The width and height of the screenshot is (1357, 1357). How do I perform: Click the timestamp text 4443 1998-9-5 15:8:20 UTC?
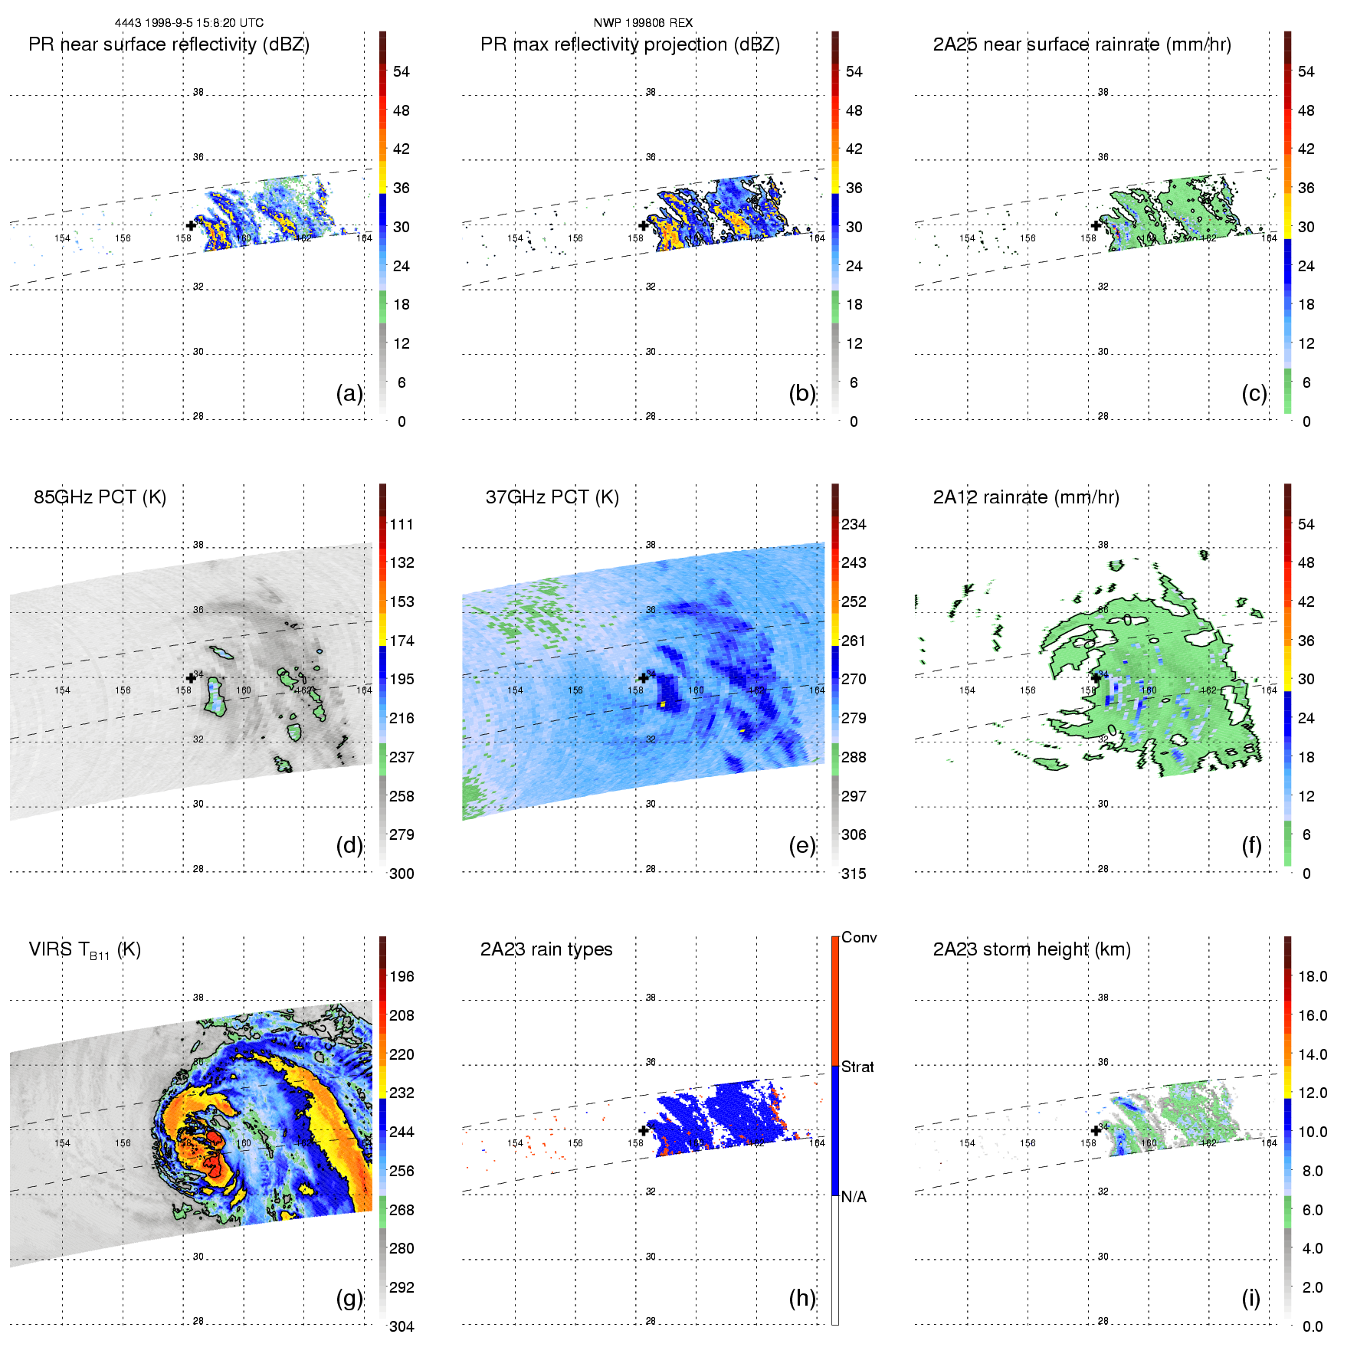point(188,23)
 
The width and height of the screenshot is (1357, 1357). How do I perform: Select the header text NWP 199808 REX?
point(643,23)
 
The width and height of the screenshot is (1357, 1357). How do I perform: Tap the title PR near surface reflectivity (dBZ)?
point(169,44)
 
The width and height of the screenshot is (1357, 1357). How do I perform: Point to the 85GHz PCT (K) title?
point(100,497)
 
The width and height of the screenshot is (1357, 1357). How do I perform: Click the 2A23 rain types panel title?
point(546,949)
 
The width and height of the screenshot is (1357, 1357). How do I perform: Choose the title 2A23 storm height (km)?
point(1031,949)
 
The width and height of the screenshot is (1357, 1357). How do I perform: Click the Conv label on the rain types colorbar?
point(859,937)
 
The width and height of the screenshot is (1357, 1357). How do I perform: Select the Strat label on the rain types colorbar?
point(857,1067)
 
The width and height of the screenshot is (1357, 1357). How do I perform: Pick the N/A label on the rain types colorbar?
point(854,1197)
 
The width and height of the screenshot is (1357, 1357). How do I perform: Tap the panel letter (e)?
point(802,845)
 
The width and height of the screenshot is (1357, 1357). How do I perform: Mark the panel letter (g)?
point(349,1298)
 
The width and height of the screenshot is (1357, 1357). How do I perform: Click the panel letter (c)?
point(1254,393)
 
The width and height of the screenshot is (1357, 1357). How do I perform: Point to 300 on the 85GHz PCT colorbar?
point(402,874)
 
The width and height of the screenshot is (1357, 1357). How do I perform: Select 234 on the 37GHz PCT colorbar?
point(854,524)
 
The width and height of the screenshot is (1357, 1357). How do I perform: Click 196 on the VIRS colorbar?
point(402,976)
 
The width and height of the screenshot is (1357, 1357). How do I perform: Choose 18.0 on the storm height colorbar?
point(1312,976)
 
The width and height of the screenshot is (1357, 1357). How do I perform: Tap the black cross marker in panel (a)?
point(191,225)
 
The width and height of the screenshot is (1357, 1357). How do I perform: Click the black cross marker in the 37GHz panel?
point(644,677)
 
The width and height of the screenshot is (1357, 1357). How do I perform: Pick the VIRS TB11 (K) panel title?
point(84,950)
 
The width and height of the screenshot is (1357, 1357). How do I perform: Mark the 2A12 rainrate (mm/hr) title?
point(1026,497)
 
